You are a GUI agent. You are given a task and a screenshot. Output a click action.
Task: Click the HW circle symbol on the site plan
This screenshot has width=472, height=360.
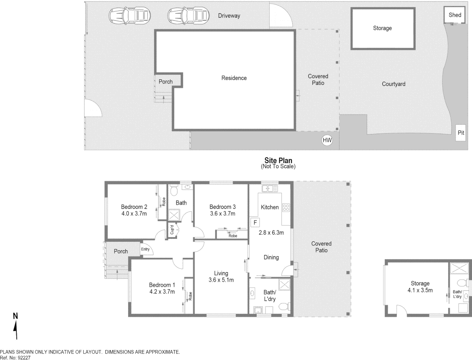click(327, 140)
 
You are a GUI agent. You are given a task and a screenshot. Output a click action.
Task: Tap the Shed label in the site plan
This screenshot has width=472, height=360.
click(455, 15)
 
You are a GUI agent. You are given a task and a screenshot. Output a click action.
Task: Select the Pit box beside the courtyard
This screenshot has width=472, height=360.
click(461, 133)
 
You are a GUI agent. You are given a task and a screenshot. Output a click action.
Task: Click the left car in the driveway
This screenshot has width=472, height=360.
click(130, 15)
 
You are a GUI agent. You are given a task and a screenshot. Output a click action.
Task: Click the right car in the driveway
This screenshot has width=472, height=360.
click(188, 15)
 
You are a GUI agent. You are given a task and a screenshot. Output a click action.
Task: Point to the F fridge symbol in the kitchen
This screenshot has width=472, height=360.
click(255, 222)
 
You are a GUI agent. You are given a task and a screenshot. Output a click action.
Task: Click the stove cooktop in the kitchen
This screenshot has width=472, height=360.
click(286, 208)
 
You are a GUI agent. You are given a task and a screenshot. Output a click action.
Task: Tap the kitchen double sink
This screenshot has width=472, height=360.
click(270, 189)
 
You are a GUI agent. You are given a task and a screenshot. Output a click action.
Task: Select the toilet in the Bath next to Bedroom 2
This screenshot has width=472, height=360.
click(173, 191)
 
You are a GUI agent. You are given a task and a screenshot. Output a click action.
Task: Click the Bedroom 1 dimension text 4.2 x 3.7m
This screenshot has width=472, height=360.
click(162, 292)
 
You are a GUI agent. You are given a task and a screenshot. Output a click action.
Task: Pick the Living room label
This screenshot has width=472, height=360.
click(221, 273)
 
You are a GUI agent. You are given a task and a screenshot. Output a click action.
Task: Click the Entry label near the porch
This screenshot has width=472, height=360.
click(145, 249)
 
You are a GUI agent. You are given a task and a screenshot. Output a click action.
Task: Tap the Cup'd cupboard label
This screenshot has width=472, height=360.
click(172, 230)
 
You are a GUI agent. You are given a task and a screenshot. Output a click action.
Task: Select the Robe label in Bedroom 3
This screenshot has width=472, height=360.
click(233, 236)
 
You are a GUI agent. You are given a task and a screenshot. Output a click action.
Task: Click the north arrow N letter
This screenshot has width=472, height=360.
click(15, 316)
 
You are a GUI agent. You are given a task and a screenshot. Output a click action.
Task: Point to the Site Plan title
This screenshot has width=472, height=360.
click(278, 160)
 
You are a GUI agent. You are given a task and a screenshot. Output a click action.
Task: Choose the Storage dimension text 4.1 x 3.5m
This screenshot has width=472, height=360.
click(420, 290)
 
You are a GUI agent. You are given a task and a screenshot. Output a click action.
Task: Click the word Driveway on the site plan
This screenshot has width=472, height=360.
click(229, 16)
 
